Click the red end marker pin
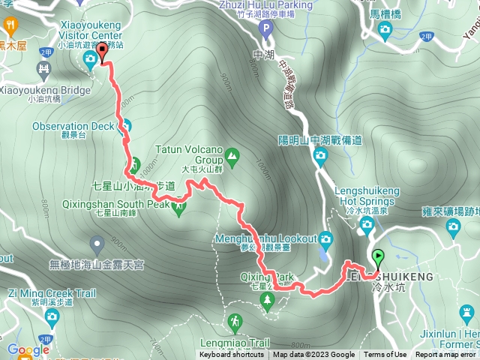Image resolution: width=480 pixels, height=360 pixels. coord(102,50)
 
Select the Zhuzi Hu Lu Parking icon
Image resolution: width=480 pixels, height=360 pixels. coord(264,29)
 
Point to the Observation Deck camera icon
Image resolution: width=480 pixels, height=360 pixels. coord(125,126)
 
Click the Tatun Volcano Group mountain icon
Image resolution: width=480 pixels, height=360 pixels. coord(232,157)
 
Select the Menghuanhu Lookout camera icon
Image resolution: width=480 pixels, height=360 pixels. coord(325,239)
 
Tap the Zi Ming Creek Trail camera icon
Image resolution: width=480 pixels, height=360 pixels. coord(52,317)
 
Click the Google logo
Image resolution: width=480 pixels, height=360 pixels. coord(28,349)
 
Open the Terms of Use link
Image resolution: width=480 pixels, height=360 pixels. coord(385,355)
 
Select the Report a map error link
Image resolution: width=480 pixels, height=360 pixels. coord(445,355)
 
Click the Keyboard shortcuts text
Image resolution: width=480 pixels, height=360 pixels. coord(232,355)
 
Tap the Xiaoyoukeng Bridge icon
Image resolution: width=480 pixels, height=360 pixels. coord(44,70)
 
